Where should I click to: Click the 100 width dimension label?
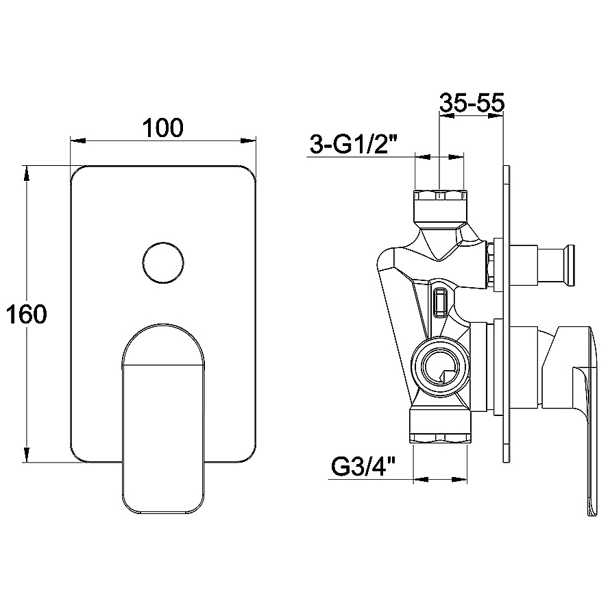tap(163, 127)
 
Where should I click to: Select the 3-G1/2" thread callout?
tap(354, 145)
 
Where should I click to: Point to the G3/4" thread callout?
tap(364, 469)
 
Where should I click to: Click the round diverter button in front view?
tap(163, 263)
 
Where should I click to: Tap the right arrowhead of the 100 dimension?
tap(249, 142)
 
